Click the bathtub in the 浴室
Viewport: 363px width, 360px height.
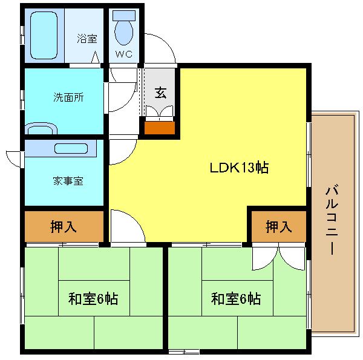44,35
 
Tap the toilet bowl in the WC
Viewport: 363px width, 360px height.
124,33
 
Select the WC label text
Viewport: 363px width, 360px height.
124,54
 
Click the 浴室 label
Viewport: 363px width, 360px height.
87,39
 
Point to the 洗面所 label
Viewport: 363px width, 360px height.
68,97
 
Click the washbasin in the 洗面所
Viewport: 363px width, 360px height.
41,128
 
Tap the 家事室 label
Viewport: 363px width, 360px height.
68,181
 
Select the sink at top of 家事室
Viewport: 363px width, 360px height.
71,149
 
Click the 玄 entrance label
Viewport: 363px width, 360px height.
160,93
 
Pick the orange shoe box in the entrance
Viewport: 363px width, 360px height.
160,128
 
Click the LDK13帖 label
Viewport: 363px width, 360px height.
239,168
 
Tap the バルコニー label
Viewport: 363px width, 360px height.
332,219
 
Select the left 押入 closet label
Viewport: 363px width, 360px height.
64,227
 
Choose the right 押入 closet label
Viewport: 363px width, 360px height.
278,227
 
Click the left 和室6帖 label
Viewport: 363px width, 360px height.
93,299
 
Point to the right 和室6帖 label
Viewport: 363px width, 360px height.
236,299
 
